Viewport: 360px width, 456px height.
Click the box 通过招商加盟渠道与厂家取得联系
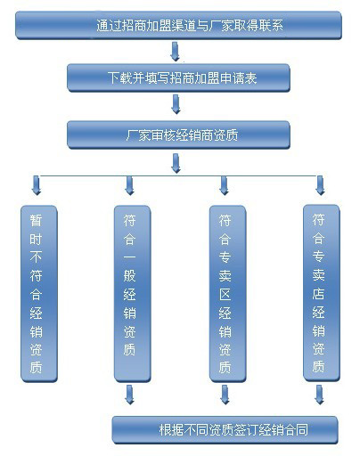178,25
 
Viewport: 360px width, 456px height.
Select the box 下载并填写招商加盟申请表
178,78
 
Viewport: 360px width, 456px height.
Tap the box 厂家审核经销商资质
178,134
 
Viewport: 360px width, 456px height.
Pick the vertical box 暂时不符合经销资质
39,294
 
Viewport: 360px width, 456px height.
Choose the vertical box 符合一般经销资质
133,294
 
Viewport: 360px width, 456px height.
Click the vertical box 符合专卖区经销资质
227,294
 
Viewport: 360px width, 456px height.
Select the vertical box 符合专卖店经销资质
321,293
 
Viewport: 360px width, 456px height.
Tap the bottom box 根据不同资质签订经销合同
225,430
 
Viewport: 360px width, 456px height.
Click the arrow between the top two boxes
176,52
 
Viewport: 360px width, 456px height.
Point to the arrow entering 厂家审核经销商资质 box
176,104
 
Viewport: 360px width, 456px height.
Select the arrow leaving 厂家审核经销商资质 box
176,163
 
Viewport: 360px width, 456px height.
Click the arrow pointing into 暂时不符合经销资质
37,185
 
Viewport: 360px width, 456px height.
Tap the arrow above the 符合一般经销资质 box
130,185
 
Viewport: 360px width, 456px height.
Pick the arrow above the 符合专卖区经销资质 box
225,185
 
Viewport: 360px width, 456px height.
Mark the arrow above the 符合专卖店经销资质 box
320,185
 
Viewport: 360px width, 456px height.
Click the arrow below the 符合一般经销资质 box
130,395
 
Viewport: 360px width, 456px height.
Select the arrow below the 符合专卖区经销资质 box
225,395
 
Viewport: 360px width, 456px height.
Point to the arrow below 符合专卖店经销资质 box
319,395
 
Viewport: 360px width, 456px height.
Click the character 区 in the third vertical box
225,295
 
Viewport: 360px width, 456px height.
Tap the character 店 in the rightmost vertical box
318,294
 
